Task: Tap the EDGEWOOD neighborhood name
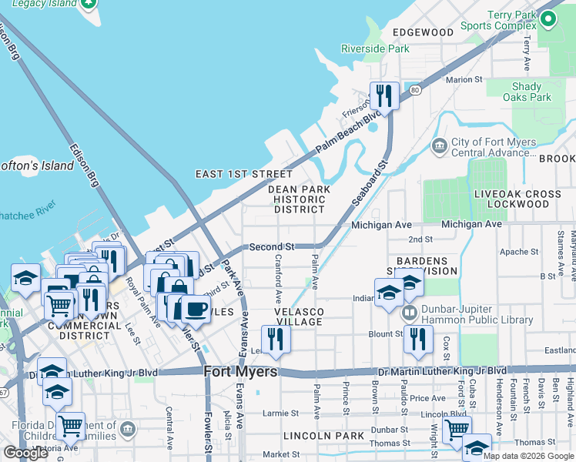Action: pyautogui.click(x=423, y=32)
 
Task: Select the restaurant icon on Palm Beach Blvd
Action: pyautogui.click(x=384, y=95)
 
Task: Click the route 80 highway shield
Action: pyautogui.click(x=415, y=90)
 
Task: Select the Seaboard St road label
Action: pyautogui.click(x=369, y=182)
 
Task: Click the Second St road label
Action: pyautogui.click(x=272, y=247)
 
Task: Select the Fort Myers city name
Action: pyautogui.click(x=240, y=372)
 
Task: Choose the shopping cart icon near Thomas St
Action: pyautogui.click(x=457, y=428)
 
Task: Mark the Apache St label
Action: pyautogui.click(x=518, y=252)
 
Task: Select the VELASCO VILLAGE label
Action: pyautogui.click(x=300, y=316)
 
